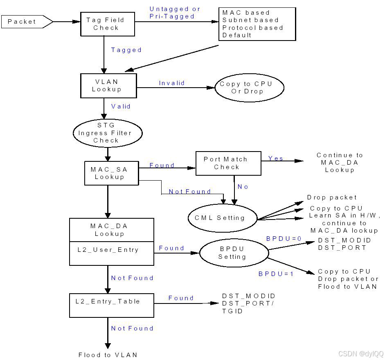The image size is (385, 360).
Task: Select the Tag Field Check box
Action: tap(106, 24)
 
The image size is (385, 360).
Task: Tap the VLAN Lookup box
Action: tap(106, 86)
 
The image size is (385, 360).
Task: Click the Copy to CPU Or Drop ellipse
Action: tap(249, 88)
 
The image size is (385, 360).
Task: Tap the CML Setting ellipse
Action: tap(222, 218)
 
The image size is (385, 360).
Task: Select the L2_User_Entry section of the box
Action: tap(108, 250)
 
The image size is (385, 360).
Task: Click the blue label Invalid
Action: tap(172, 83)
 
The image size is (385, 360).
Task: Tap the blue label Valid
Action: tap(121, 106)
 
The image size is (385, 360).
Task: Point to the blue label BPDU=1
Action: tap(276, 274)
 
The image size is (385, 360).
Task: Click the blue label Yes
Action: tap(275, 158)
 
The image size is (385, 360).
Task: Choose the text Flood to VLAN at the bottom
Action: tap(108, 355)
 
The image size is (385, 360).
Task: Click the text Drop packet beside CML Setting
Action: tap(332, 197)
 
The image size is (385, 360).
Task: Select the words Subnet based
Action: tap(250, 20)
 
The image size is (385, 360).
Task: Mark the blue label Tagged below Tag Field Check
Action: tap(126, 50)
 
